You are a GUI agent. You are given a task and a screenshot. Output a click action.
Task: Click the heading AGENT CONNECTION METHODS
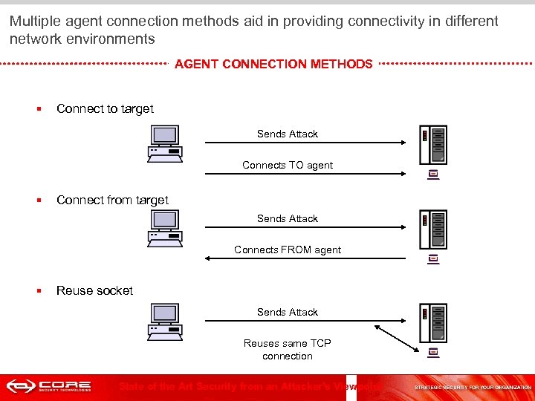(273, 64)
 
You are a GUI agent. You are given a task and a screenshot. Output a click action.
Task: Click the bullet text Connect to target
(105, 108)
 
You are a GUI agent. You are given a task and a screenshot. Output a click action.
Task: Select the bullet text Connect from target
(112, 200)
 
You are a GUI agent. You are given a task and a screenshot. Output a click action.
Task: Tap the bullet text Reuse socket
(94, 290)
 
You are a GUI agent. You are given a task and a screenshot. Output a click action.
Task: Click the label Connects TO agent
(288, 165)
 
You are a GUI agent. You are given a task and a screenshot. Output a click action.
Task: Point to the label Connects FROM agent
(288, 250)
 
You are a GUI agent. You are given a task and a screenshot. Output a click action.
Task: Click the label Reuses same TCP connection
(288, 349)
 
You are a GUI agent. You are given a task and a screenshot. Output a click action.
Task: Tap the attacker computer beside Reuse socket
(165, 321)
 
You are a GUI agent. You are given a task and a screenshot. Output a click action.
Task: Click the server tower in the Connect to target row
(433, 145)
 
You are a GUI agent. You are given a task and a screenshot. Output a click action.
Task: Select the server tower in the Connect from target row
(433, 229)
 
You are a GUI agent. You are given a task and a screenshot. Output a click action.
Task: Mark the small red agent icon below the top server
(434, 175)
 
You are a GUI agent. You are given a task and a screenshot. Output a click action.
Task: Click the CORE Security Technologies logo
(49, 386)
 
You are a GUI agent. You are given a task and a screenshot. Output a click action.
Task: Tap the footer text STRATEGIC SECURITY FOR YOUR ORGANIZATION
(473, 388)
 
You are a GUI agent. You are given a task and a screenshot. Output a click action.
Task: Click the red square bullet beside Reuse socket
(39, 290)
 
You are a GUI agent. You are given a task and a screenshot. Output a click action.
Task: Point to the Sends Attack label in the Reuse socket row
(288, 312)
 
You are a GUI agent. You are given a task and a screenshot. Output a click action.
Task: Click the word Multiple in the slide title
(35, 22)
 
